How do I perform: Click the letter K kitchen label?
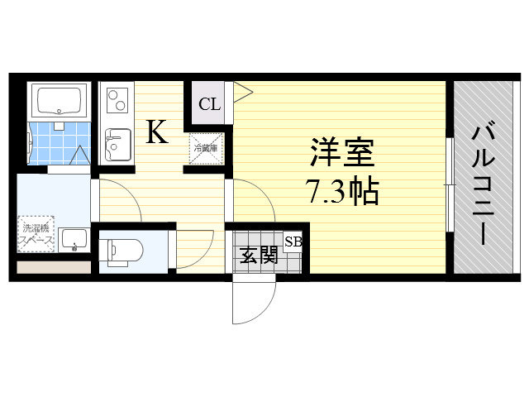point(157,132)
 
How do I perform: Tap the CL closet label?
point(209,105)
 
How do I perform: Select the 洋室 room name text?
point(342,155)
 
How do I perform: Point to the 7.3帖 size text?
point(342,192)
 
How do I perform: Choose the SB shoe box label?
point(293,242)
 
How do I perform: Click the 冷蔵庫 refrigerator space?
point(206,148)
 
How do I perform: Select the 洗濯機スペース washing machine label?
point(37,234)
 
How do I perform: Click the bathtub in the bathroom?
point(58,101)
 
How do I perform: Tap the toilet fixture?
point(122,250)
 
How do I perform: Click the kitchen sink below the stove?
point(116,144)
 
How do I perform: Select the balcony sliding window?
point(449,184)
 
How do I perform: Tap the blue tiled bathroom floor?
point(58,142)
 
